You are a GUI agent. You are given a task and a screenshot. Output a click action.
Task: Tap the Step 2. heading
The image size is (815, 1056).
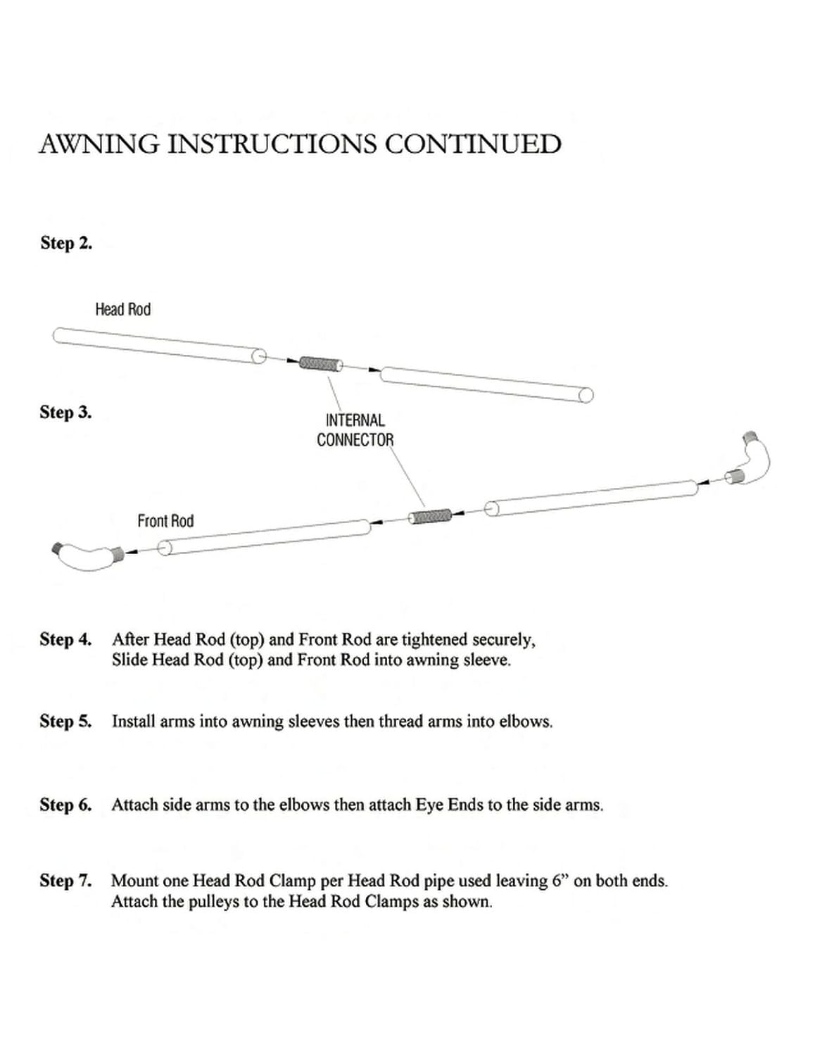point(66,244)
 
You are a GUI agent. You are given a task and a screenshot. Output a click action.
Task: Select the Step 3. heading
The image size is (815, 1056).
point(65,413)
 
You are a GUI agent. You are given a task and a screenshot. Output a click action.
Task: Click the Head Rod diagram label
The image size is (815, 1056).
point(122,310)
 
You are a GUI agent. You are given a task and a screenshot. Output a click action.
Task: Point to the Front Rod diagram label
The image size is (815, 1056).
point(165,521)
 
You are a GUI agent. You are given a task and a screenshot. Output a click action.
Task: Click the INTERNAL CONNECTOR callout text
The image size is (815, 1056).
point(355,430)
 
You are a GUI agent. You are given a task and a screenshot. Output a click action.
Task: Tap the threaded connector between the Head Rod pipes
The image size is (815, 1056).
point(321,363)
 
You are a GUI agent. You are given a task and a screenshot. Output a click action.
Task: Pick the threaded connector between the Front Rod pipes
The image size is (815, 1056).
point(430,517)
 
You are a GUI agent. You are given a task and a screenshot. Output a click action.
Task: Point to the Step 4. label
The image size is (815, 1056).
point(65,640)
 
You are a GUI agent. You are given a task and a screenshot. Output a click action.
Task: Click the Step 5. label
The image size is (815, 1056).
point(65,722)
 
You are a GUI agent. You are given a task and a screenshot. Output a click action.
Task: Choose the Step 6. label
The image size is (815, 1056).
point(65,805)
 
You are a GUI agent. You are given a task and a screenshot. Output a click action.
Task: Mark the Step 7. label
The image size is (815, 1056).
point(65,881)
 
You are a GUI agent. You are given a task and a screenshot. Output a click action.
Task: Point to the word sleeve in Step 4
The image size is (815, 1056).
point(486,660)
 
